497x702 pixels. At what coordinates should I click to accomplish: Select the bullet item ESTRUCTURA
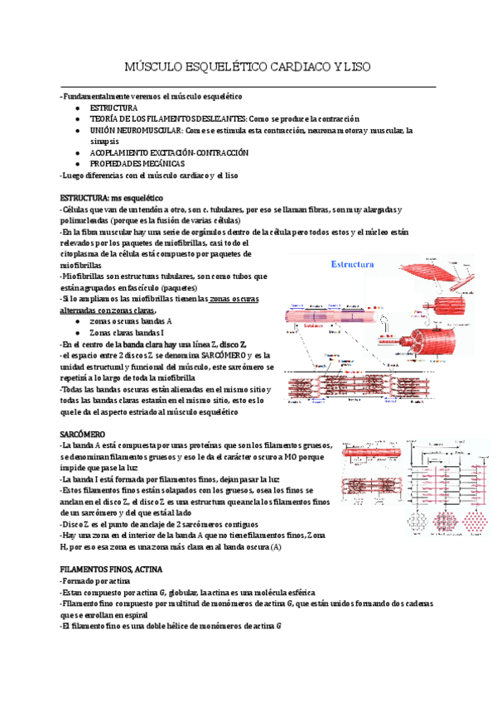pos(113,108)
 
